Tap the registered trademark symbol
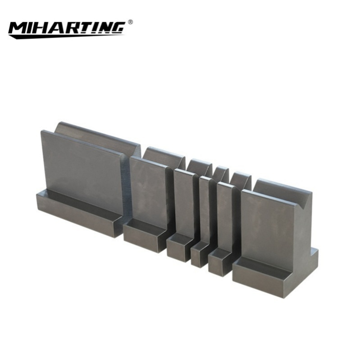point(130,21)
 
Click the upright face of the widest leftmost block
point(81,171)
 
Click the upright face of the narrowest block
point(205,210)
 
